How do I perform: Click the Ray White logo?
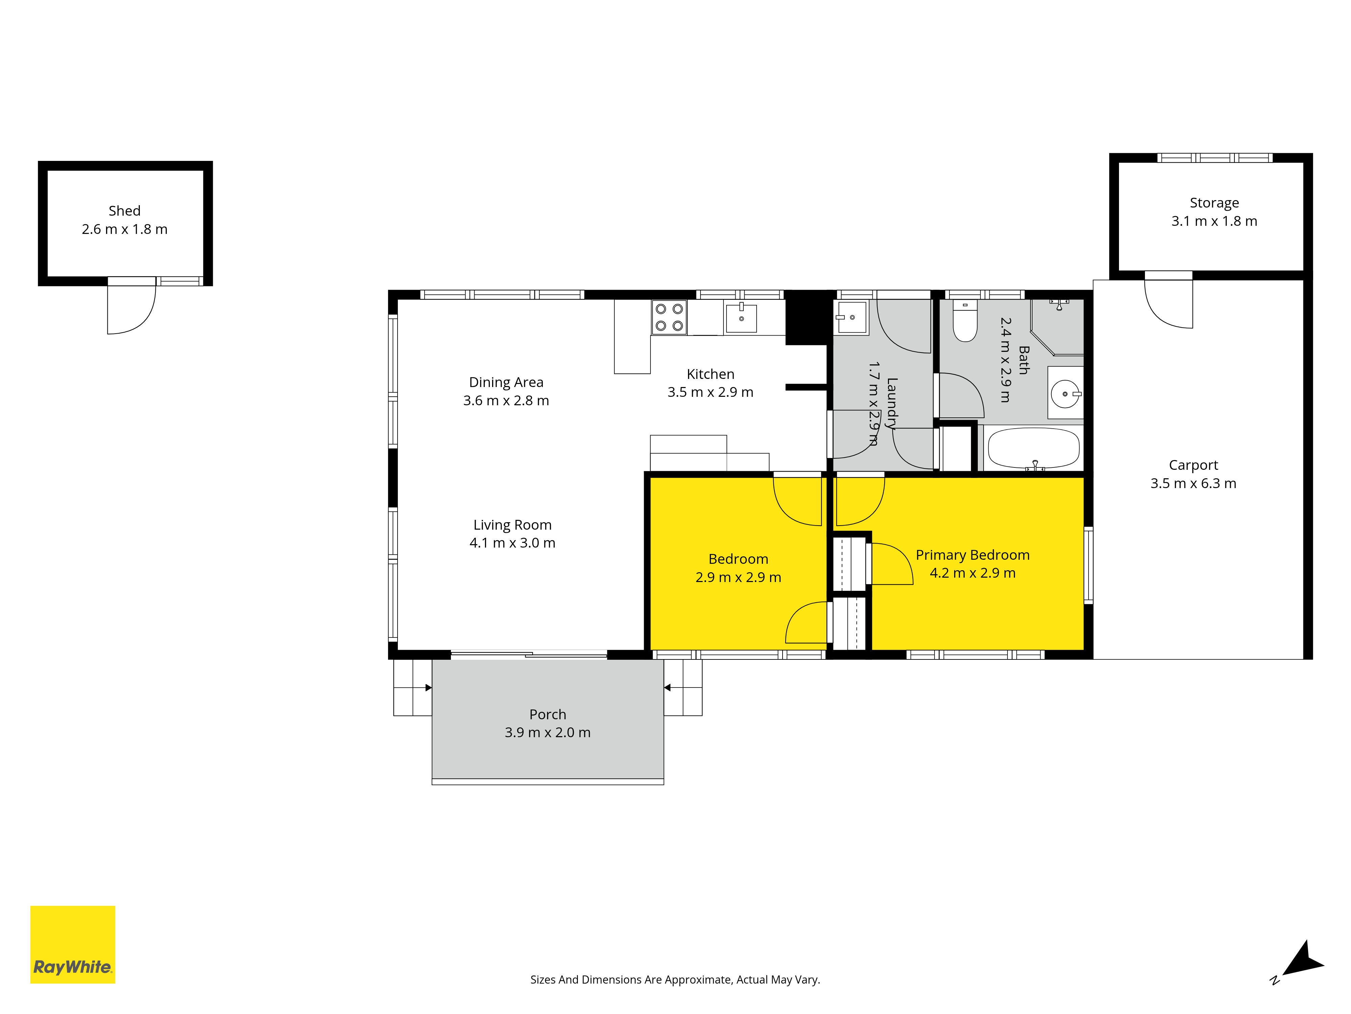73,944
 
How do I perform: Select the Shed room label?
125,211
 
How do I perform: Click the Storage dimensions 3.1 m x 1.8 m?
1214,221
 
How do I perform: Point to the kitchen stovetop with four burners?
669,317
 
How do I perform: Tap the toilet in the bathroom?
965,321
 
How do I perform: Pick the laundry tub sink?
851,317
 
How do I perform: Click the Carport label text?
1193,465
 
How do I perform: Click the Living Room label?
512,525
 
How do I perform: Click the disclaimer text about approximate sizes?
675,980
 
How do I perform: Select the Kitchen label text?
710,374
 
